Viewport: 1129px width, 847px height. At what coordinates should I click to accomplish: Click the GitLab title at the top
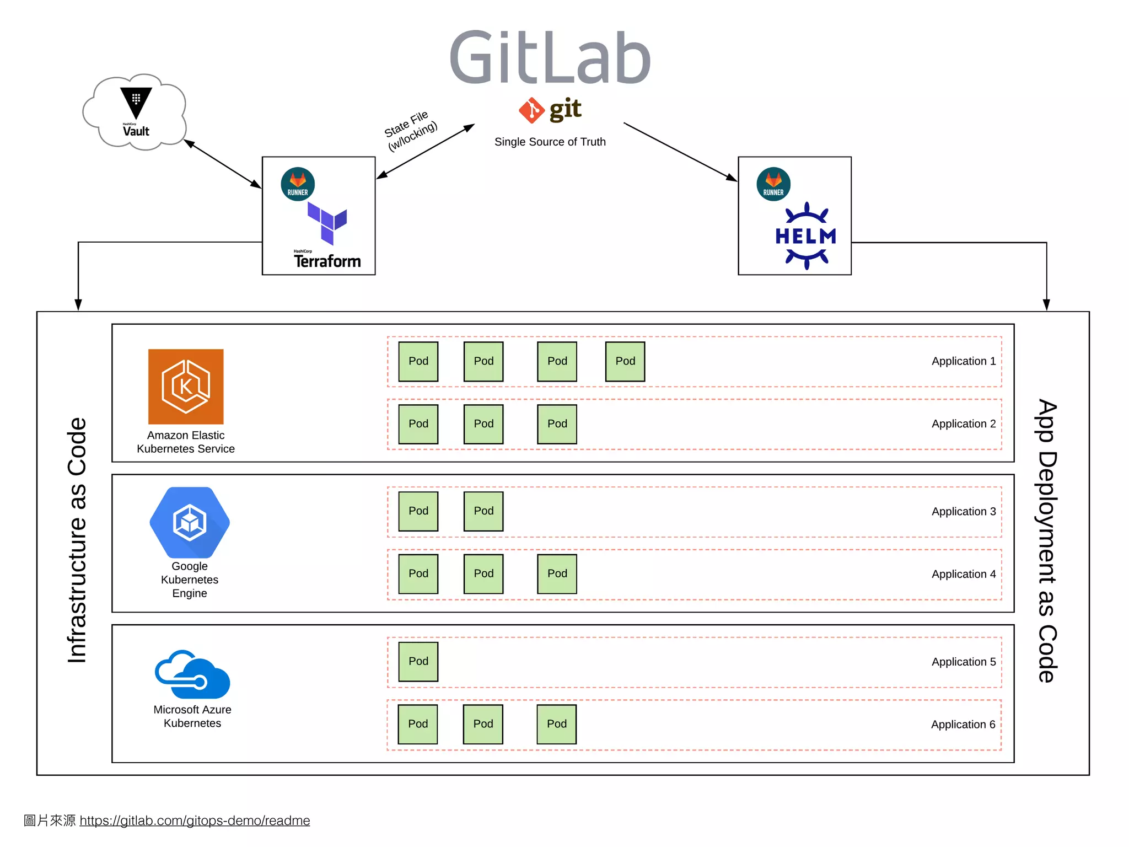(550, 57)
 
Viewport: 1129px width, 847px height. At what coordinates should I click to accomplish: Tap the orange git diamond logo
(531, 110)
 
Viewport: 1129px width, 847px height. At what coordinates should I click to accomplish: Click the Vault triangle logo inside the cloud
(136, 103)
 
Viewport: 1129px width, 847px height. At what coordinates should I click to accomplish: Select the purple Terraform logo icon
(327, 223)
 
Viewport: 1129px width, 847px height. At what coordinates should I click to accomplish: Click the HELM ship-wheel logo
(806, 236)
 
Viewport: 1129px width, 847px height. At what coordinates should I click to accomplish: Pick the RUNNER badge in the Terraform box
(298, 184)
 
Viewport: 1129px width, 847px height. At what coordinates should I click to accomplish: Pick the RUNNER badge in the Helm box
(773, 184)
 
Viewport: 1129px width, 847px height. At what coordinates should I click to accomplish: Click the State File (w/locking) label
(411, 131)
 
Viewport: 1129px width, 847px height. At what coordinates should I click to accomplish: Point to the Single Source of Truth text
(550, 142)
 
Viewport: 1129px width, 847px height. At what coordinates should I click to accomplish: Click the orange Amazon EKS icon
(186, 387)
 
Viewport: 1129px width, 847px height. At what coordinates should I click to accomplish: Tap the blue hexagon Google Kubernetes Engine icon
(190, 522)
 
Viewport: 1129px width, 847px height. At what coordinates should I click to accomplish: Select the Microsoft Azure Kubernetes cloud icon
(192, 675)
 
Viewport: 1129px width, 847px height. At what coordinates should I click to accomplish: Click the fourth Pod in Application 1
(625, 361)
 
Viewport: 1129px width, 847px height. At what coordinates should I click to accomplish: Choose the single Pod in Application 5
(418, 661)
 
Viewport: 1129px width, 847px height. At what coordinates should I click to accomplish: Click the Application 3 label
(963, 511)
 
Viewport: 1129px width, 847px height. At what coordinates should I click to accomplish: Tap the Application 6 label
(963, 724)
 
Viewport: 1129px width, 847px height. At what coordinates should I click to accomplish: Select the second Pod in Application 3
(483, 511)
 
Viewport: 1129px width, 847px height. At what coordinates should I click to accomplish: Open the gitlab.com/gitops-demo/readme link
(195, 821)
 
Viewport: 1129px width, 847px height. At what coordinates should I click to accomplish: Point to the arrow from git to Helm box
(680, 152)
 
